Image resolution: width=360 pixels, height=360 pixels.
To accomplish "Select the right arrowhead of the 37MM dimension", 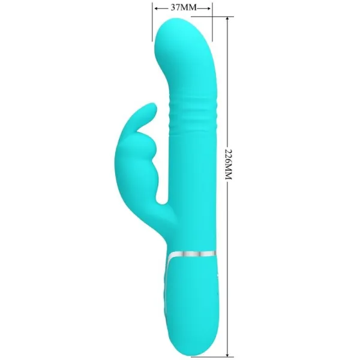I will (x=209, y=8).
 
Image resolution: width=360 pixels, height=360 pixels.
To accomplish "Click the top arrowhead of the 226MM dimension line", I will (x=228, y=21).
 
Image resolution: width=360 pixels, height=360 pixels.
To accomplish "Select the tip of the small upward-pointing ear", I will (x=152, y=108).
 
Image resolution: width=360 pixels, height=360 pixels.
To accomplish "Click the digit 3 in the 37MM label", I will (x=174, y=8).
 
